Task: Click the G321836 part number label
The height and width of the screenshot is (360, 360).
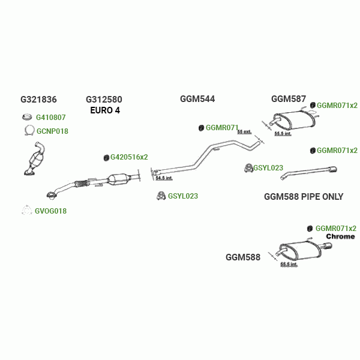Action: pos(38,100)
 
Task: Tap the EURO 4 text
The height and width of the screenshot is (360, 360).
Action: pos(105,110)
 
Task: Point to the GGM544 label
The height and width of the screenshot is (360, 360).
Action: pos(197,99)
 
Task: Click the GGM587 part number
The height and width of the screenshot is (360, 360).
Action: pos(289,99)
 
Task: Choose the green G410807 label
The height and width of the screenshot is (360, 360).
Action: pos(51,118)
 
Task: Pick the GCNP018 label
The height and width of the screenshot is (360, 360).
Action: pos(52,131)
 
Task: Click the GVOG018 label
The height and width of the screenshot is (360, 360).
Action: pos(50,211)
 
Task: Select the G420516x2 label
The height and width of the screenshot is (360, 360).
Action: pos(129,157)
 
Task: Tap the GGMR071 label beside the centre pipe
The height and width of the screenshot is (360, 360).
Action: pos(222,128)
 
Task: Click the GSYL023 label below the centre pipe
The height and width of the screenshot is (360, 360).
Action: pos(183,196)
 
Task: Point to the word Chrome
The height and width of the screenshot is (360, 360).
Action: pos(340,236)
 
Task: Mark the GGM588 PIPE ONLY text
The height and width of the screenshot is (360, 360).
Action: pos(304,197)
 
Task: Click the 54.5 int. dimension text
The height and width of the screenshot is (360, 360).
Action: pos(163,178)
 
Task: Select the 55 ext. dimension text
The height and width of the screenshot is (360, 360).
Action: pos(244,131)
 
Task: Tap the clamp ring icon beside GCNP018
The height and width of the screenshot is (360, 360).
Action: pos(28,131)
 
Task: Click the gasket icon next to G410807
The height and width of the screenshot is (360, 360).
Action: pos(26,118)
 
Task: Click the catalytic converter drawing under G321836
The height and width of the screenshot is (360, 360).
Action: pos(38,159)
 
